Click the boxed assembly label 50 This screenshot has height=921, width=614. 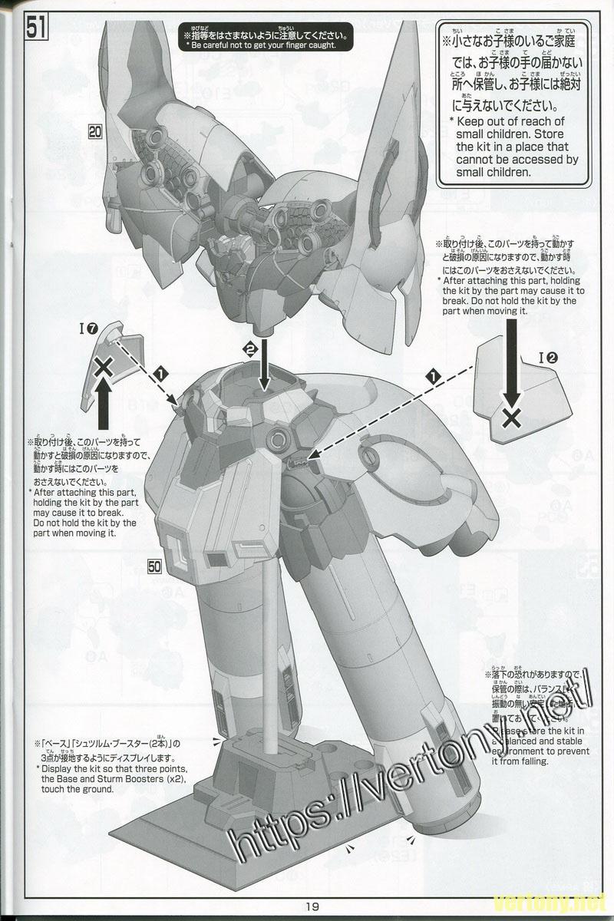click(155, 566)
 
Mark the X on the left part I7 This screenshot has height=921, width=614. click(103, 369)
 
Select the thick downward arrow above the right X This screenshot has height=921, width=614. click(512, 380)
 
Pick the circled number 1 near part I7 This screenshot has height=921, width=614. click(161, 373)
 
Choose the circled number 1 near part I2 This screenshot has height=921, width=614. click(434, 376)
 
